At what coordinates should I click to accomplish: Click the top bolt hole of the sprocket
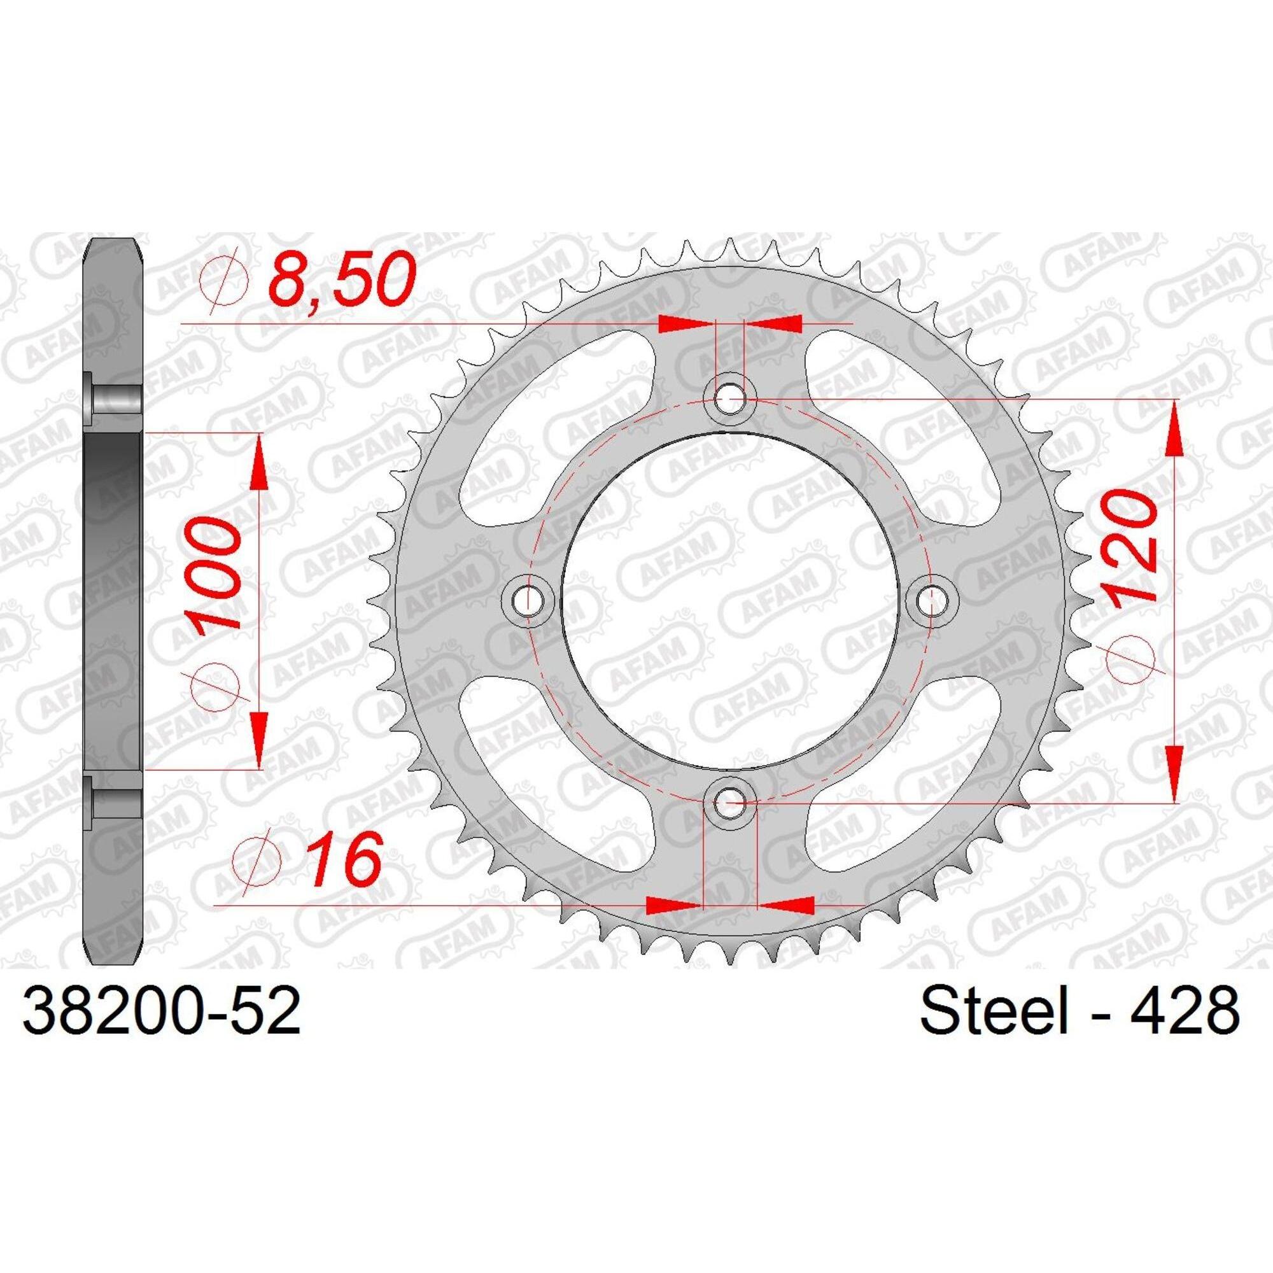point(729,398)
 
